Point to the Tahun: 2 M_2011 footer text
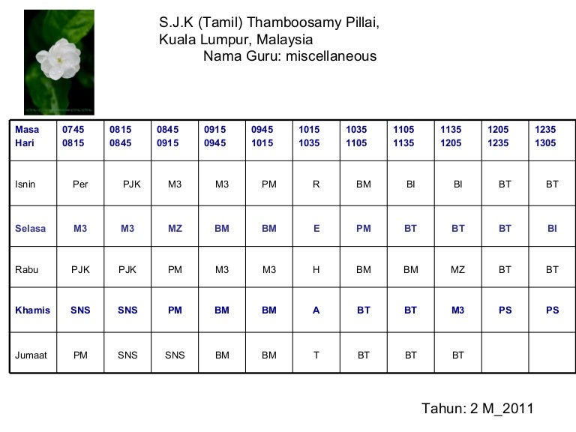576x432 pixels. (x=477, y=409)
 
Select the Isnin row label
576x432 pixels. (x=25, y=184)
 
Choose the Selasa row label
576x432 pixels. (x=31, y=229)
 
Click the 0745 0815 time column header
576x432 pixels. (x=73, y=136)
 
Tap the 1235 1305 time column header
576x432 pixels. (x=545, y=136)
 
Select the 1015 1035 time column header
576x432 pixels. (x=309, y=136)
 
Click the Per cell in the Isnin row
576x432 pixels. (x=80, y=184)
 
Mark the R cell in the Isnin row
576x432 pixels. (x=316, y=184)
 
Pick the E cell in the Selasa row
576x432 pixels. (x=316, y=229)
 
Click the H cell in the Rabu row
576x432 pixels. (x=316, y=270)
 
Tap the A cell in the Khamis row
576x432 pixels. (x=316, y=310)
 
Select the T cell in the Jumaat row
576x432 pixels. (x=316, y=355)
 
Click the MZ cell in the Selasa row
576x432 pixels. (x=175, y=229)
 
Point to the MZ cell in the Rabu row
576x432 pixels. (x=458, y=270)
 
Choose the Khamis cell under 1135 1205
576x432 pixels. (x=458, y=310)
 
